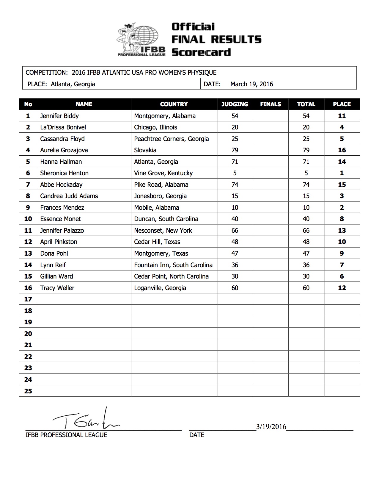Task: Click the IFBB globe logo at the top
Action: tap(141, 39)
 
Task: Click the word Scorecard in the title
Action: tap(201, 52)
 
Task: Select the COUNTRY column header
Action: tap(174, 104)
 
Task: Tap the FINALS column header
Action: tap(271, 104)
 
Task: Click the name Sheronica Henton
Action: tap(64, 173)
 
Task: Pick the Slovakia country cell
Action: tap(145, 150)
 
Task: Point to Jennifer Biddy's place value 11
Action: tap(342, 116)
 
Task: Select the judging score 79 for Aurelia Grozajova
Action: tap(235, 150)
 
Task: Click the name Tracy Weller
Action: tap(57, 288)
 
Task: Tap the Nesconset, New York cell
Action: tap(163, 231)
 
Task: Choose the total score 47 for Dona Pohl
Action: tap(306, 254)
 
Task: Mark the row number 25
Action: tap(28, 391)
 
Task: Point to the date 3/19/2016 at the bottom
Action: tap(271, 427)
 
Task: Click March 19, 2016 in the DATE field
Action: tap(251, 84)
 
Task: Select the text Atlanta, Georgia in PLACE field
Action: tap(73, 84)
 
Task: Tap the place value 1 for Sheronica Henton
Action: tap(342, 173)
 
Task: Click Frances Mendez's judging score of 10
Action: tap(235, 208)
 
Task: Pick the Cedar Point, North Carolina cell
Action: tap(171, 276)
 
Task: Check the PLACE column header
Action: tap(342, 104)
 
